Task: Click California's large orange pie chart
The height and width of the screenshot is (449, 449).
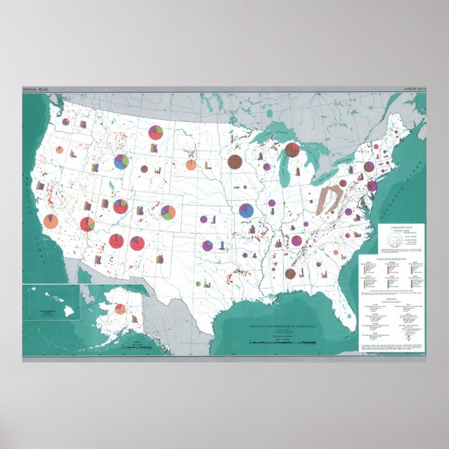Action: (x=51, y=222)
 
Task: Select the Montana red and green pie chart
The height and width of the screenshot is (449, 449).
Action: (x=155, y=132)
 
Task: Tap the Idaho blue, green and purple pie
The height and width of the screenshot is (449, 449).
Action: (x=121, y=162)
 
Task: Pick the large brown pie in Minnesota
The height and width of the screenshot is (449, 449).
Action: (x=235, y=162)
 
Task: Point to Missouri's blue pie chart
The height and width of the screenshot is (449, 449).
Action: (x=245, y=210)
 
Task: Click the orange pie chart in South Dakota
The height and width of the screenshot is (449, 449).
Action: (x=190, y=165)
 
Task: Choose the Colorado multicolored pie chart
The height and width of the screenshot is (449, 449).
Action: (x=167, y=211)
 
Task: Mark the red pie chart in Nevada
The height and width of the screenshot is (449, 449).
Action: (x=87, y=224)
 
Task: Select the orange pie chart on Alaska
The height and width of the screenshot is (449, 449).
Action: (x=120, y=309)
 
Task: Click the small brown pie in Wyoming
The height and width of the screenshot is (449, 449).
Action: (x=144, y=169)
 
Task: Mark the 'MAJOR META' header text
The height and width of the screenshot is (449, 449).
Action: (x=415, y=91)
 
